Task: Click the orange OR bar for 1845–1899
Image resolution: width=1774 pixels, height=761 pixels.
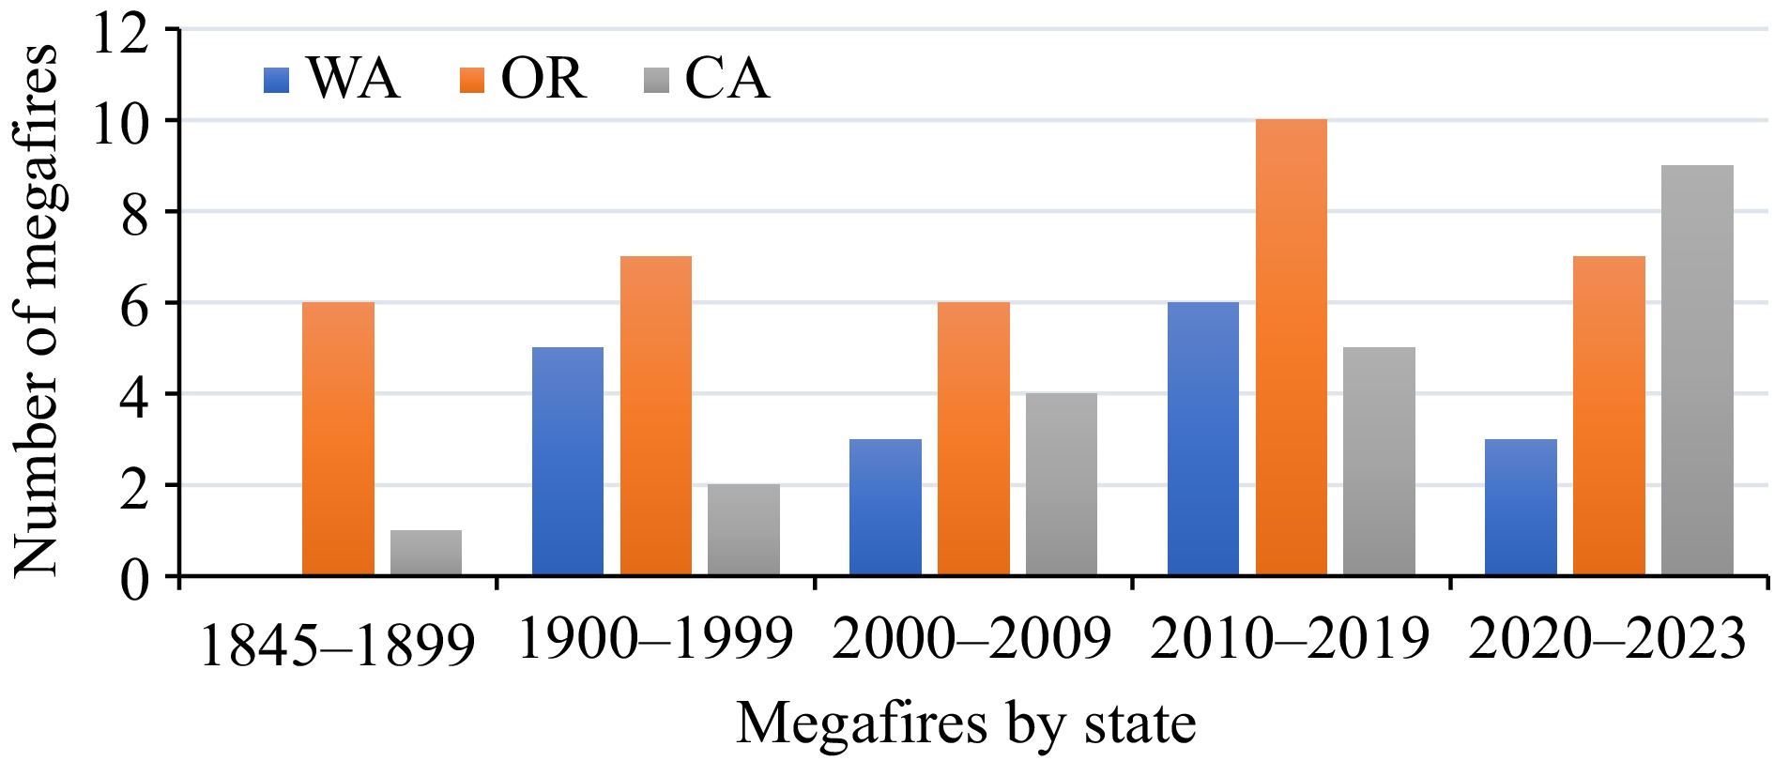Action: click(339, 438)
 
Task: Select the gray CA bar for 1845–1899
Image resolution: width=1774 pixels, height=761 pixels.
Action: click(426, 553)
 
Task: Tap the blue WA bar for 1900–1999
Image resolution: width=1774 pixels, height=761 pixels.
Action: click(567, 461)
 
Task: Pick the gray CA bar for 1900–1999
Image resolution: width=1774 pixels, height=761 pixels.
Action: click(743, 529)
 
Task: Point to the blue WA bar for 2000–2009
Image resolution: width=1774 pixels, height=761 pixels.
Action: click(885, 507)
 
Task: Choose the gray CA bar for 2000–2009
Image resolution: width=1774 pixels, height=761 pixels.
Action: click(1061, 483)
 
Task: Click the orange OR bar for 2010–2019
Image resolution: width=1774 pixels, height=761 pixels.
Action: click(1291, 347)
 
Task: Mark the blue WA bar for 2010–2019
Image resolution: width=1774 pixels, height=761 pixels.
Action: click(1202, 438)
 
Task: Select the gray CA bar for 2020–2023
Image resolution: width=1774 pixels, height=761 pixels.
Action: click(1697, 370)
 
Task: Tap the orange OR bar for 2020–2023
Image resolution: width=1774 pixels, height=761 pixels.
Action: click(1609, 416)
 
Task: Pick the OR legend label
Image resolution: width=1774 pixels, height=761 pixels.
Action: click(543, 78)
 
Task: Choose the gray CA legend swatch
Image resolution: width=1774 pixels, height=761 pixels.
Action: click(656, 80)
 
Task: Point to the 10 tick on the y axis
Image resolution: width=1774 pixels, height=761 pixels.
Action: click(171, 121)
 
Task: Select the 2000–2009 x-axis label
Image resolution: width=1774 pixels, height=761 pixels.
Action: click(971, 640)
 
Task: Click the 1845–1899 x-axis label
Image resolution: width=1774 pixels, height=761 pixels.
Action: click(338, 646)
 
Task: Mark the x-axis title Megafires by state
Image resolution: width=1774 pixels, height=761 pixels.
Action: click(966, 723)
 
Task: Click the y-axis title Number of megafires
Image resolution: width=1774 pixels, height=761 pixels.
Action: click(38, 310)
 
